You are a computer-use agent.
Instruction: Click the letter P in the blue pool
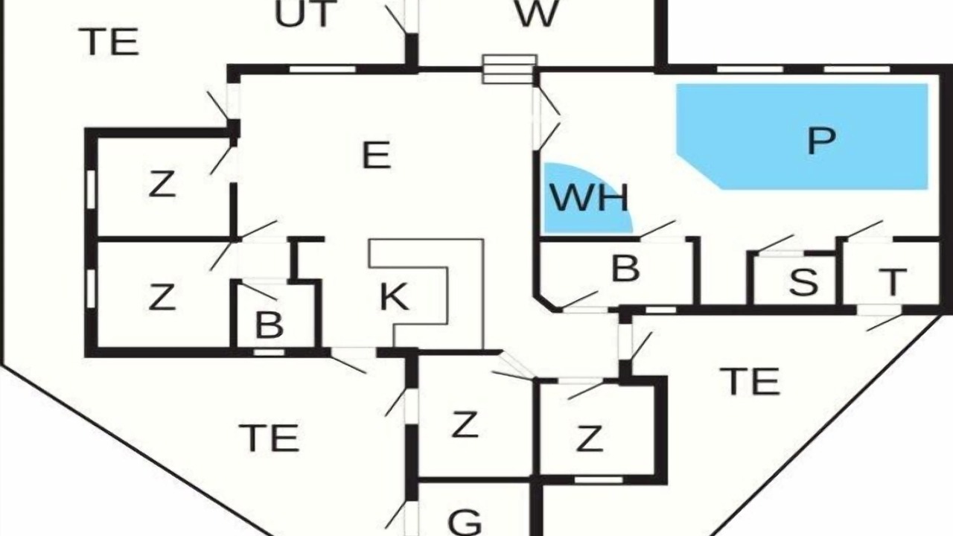tap(821, 141)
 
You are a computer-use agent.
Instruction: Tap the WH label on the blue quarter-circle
tap(589, 198)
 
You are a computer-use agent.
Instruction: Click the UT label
tap(302, 13)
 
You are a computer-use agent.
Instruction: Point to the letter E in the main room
tap(376, 156)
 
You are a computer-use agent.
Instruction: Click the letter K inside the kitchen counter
tap(394, 296)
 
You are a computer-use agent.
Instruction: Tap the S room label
tap(803, 281)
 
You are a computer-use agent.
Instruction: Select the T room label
tap(893, 281)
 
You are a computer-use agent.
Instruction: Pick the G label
tap(465, 523)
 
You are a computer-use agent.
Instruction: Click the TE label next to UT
tap(112, 42)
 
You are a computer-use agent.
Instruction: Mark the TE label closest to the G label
tap(270, 438)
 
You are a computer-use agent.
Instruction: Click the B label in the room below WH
tap(625, 269)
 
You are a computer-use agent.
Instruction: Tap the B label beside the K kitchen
tap(269, 325)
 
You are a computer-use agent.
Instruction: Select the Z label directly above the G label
tap(465, 424)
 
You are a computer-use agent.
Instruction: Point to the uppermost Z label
tap(162, 183)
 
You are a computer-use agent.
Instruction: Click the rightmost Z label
tap(589, 438)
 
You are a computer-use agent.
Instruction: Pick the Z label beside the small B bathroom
tap(162, 296)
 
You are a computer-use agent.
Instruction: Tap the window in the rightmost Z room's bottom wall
tap(599, 480)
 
